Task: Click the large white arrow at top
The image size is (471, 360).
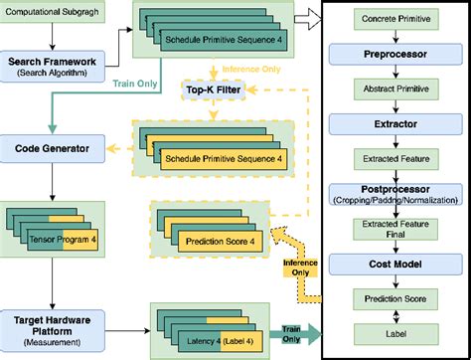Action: (316, 15)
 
